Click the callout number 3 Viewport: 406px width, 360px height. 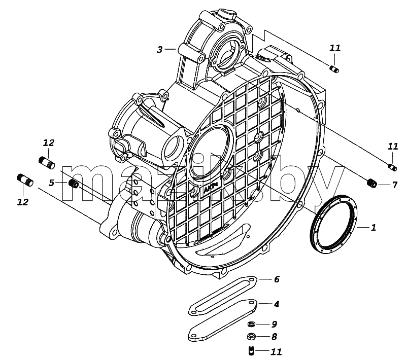(160, 49)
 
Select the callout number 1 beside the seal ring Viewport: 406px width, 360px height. (373, 228)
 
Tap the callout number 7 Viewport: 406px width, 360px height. (395, 185)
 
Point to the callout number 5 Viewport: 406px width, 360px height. (52, 183)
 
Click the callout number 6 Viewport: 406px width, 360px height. (277, 279)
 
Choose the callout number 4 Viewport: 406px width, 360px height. (277, 304)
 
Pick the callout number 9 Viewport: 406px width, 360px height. (275, 324)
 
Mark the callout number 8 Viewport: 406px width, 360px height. (274, 337)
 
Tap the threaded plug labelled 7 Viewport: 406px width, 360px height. (372, 184)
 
